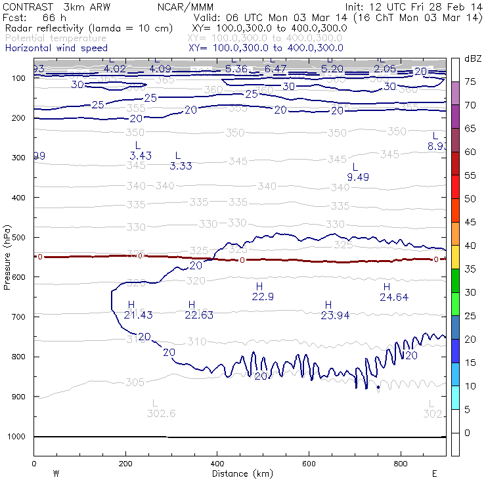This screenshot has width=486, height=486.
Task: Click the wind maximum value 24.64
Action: pos(394,298)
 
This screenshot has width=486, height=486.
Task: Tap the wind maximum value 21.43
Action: pos(138,315)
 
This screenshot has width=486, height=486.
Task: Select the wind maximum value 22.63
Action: pos(199,315)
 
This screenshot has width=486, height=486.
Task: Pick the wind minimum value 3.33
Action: pos(181,166)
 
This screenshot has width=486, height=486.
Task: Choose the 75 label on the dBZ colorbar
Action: pos(470,82)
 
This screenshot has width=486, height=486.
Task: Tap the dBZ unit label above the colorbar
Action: pos(473,58)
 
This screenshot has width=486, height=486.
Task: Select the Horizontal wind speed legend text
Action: pos(56,48)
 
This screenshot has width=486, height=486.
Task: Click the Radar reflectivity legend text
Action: pos(89,28)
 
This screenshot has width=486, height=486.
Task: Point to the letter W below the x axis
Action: pos(56,474)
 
